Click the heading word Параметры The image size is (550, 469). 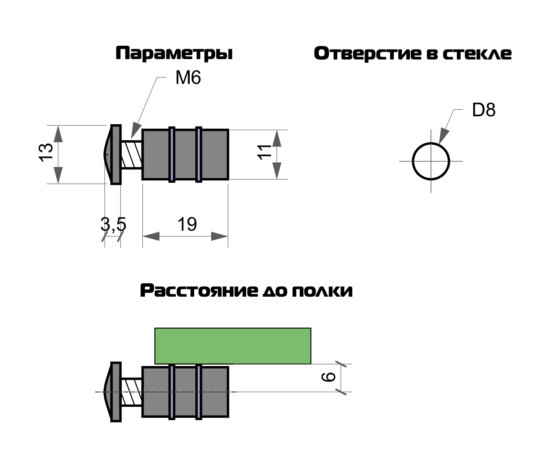pos(174,54)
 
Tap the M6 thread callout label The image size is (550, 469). pos(188,78)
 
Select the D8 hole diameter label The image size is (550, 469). pos(484,110)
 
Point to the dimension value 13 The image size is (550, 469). pos(46,153)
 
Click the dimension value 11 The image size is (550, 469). pos(265,152)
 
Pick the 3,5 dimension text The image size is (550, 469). pos(113,224)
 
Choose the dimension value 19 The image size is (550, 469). pos(187,224)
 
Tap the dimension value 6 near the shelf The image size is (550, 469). pos(329,377)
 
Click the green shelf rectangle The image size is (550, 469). pos(233,346)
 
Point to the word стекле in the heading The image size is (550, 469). pos(477,54)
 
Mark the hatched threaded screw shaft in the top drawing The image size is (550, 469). pos(131,154)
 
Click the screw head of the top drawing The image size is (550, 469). pos(113,154)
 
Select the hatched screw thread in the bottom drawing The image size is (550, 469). pos(131,392)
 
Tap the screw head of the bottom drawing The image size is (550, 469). pos(113,392)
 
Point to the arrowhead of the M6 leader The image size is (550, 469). pos(136,130)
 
